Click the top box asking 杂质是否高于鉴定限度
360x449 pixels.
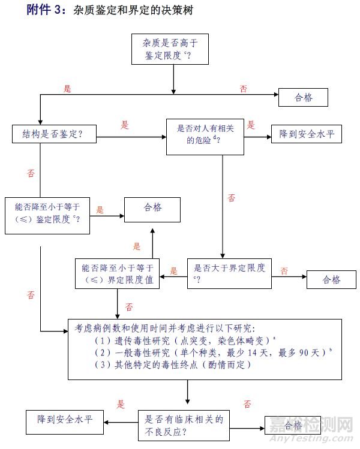[x=173, y=50]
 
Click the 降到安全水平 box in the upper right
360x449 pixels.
[x=307, y=134]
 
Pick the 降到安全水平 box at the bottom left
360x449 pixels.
[x=64, y=417]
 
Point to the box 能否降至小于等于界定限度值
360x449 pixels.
[x=117, y=273]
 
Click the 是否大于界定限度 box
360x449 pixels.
[x=229, y=273]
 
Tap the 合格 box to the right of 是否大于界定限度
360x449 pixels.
[x=331, y=279]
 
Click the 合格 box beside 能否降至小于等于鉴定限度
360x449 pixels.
[x=152, y=208]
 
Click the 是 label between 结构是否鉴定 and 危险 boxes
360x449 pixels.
[x=125, y=125]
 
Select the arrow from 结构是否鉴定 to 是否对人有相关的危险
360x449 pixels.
[x=131, y=137]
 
